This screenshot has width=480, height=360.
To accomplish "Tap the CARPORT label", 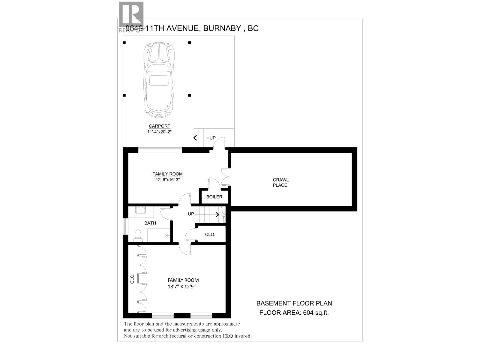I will click(x=159, y=126).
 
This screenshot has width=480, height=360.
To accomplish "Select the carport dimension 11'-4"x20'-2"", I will click(x=159, y=132).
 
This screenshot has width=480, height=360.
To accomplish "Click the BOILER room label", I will click(x=214, y=197).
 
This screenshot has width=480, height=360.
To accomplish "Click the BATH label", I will click(x=150, y=223).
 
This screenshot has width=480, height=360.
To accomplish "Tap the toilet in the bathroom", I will click(x=138, y=235).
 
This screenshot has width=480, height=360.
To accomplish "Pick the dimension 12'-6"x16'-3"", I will click(x=167, y=180).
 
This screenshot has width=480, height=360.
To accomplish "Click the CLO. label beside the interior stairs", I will click(x=210, y=234).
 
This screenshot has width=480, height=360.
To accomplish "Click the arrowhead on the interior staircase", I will click(x=217, y=214).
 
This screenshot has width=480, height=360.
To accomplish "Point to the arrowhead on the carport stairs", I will click(x=195, y=138).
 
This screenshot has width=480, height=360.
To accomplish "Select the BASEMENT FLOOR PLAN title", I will click(x=294, y=303).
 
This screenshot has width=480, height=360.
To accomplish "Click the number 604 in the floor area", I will click(x=308, y=313).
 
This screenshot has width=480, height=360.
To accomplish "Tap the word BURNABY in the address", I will click(x=222, y=28).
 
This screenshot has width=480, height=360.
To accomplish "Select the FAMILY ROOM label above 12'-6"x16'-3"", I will click(x=167, y=174).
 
